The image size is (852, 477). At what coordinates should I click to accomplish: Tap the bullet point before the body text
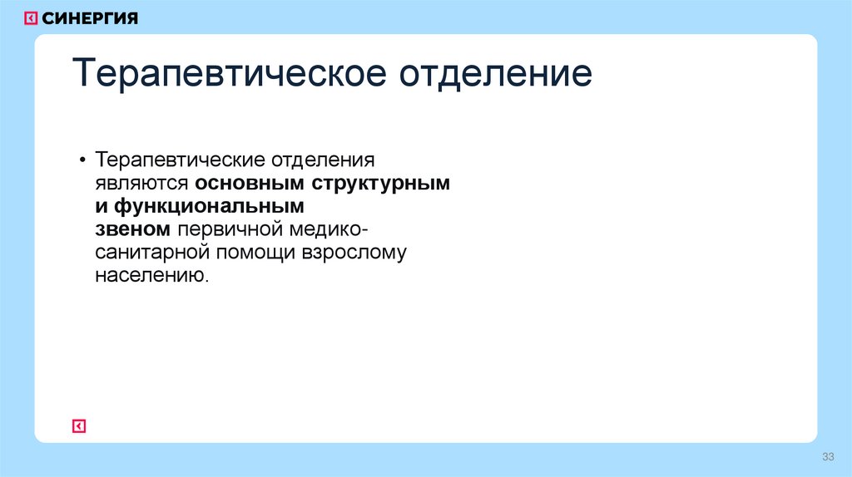coord(83,160)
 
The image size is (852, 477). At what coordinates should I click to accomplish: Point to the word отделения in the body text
coord(323,160)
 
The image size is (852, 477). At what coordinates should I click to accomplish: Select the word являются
coord(141,183)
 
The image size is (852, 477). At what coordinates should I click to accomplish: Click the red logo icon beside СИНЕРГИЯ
coord(31,18)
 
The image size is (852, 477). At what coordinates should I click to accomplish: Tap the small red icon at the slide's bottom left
coord(79,426)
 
